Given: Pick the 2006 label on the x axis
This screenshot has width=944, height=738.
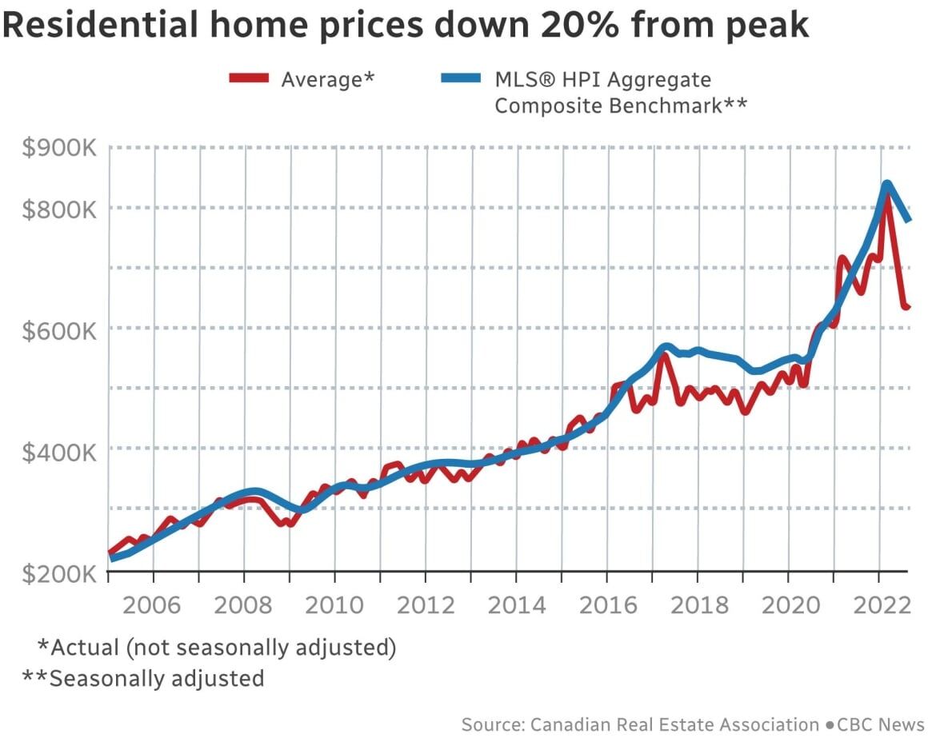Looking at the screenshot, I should [x=153, y=604].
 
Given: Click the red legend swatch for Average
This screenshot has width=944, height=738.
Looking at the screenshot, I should [x=250, y=78].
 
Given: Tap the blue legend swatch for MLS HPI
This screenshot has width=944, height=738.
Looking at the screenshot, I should [x=461, y=78].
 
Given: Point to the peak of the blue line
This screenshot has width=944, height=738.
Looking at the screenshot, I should [x=887, y=185].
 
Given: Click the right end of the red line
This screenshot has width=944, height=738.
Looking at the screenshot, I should [x=908, y=307].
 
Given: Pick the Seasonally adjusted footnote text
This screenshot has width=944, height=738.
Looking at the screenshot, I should [x=157, y=678].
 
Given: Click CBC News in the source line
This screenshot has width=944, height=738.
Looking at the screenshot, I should [x=881, y=724].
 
